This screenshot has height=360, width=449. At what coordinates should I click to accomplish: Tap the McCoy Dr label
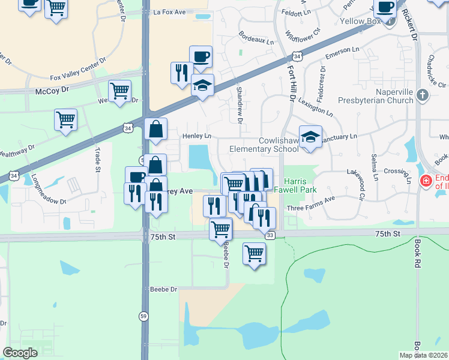[52, 89]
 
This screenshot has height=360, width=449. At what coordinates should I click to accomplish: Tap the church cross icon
[423, 95]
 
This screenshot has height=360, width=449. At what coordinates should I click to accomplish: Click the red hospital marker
[426, 181]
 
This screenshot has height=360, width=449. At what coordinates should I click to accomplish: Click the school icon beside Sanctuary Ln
[310, 137]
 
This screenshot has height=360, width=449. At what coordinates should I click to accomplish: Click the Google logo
[20, 353]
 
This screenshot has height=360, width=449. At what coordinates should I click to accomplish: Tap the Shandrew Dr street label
[239, 105]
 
